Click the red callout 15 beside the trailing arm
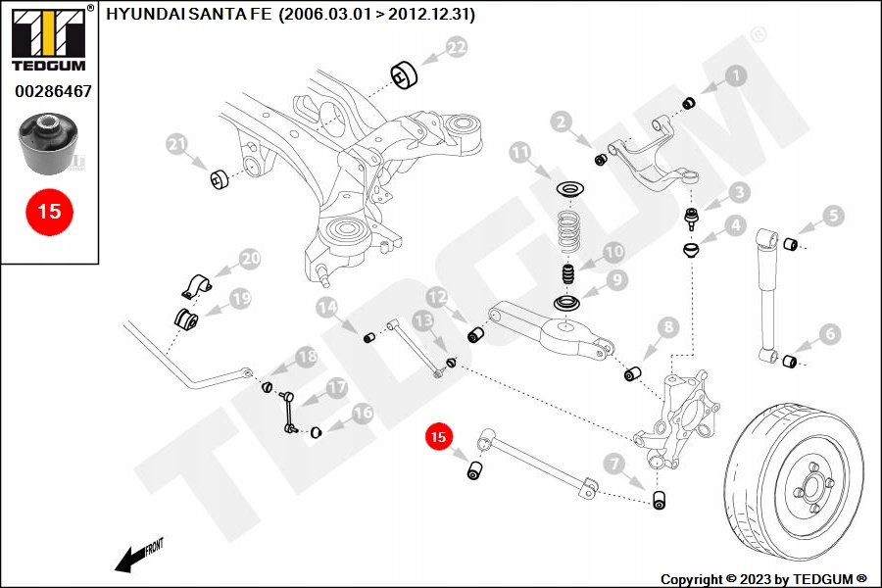coord(438,437)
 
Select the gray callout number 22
coord(457,47)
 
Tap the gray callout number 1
coord(735,74)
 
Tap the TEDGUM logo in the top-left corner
coord(48,38)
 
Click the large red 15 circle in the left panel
coord(49,211)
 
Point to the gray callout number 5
coord(832,216)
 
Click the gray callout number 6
coord(829,335)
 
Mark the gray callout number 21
coord(177,146)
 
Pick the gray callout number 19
coord(240,298)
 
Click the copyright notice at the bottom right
coord(764,578)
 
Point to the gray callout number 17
coord(336,388)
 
